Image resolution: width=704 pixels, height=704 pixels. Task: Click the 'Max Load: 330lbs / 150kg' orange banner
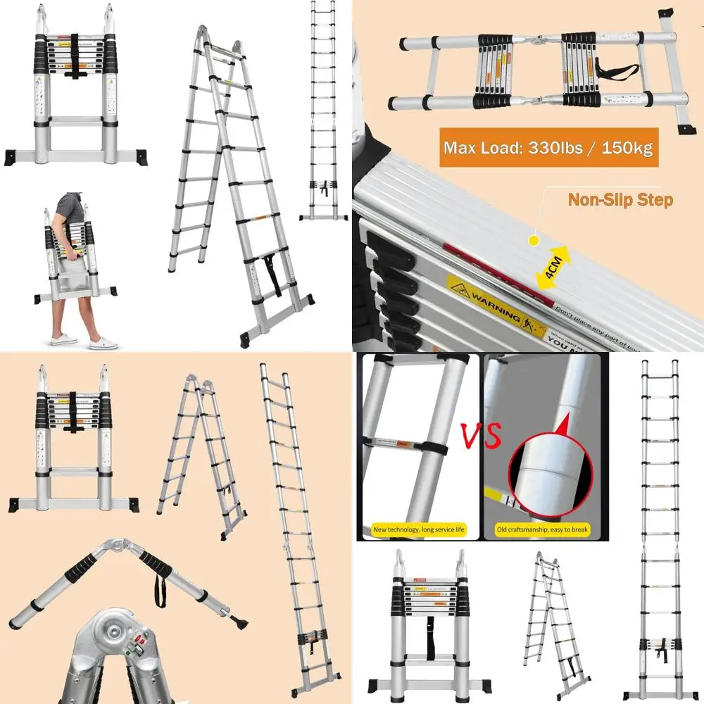(x=548, y=148)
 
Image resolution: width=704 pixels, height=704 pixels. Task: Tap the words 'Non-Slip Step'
(x=620, y=200)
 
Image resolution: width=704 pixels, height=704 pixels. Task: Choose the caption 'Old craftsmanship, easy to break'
(x=541, y=529)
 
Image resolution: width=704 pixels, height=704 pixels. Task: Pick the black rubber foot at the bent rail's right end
(x=236, y=623)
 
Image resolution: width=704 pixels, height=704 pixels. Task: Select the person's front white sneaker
(x=103, y=343)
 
